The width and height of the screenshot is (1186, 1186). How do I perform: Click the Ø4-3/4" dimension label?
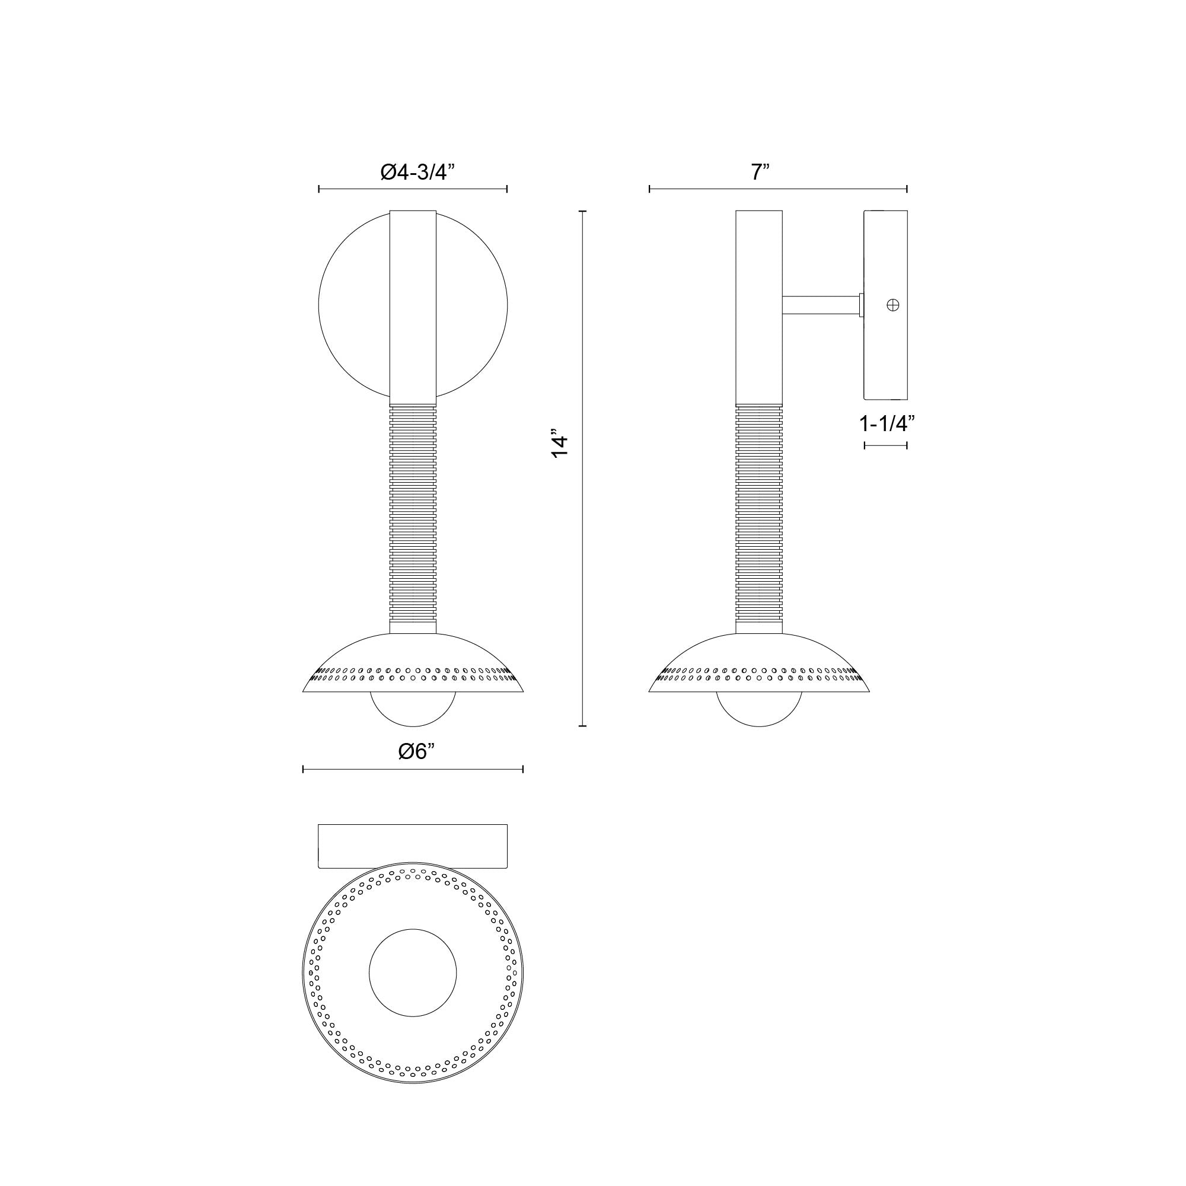pos(417,172)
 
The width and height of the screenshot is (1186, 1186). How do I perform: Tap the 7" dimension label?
pos(760,172)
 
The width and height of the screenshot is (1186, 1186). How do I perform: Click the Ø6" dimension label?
pos(416,751)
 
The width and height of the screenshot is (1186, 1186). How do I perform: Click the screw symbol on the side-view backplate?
pos(893,304)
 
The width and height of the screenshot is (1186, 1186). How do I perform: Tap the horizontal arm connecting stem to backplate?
pos(820,305)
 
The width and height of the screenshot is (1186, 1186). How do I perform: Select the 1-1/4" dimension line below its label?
pos(885,445)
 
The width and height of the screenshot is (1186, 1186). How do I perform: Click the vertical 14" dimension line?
pos(582,553)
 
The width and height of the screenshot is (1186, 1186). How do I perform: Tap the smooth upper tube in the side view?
pos(760,307)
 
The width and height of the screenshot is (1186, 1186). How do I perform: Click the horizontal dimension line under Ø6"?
pos(413,769)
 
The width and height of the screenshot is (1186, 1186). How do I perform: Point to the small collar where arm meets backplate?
pos(861,305)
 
